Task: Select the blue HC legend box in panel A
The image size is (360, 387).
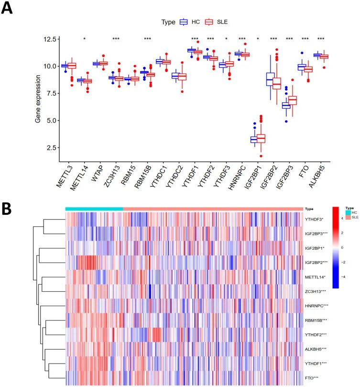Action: (x=183, y=22)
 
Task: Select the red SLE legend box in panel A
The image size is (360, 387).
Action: (x=208, y=22)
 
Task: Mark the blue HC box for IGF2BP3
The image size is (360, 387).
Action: (x=286, y=105)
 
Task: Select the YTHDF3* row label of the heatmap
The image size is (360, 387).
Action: (x=315, y=219)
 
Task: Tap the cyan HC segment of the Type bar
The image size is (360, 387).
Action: (x=94, y=209)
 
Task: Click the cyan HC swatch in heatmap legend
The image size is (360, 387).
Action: (x=348, y=213)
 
